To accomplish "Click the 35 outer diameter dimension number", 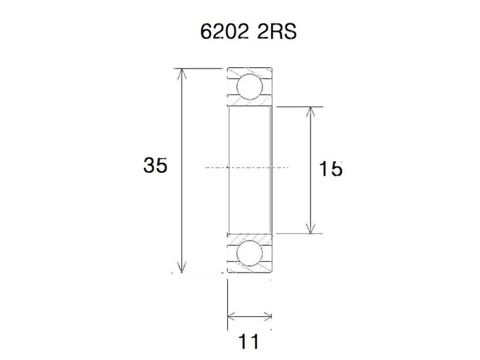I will coord(155,166).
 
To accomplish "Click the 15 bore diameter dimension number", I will coord(331,170).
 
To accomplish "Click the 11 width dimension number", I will coord(250,342).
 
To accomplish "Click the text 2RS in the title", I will coord(277,31).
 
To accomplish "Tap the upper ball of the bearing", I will coord(250,86).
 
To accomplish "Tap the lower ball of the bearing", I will coord(250,254).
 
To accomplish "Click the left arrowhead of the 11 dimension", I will coord(232,316).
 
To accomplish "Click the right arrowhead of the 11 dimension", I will coord(268,316).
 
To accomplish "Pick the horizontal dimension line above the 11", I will coord(250,316).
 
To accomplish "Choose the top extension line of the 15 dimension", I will coord(300,107).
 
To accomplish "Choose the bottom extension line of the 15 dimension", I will coord(300,233).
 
